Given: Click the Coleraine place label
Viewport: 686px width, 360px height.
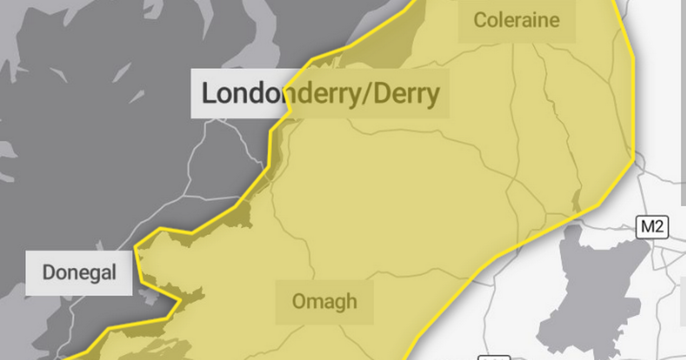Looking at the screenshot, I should [516, 21].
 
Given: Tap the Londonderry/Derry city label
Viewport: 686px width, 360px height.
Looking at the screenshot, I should [320, 94].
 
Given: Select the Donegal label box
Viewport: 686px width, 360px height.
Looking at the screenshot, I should [79, 273].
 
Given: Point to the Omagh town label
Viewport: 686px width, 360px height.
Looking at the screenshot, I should [324, 301].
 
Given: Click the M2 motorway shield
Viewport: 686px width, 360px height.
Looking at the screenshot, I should [652, 227].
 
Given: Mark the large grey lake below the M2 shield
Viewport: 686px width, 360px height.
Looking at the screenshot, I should [595, 286].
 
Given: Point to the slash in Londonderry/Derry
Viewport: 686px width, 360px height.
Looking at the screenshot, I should [368, 94].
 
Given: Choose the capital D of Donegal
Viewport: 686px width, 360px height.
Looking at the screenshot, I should [48, 273].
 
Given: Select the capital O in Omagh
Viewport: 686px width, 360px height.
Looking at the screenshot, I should [298, 301].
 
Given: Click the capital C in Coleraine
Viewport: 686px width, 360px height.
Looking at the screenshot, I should [480, 21].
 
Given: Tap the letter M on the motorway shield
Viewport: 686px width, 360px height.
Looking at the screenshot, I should [647, 227].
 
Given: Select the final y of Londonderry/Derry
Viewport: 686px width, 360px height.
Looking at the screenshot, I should [434, 96].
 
